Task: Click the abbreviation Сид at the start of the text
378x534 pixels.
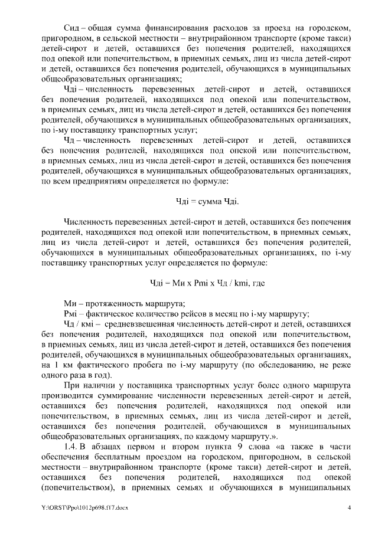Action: [x=71, y=28]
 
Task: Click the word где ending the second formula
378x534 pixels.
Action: [x=258, y=283]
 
